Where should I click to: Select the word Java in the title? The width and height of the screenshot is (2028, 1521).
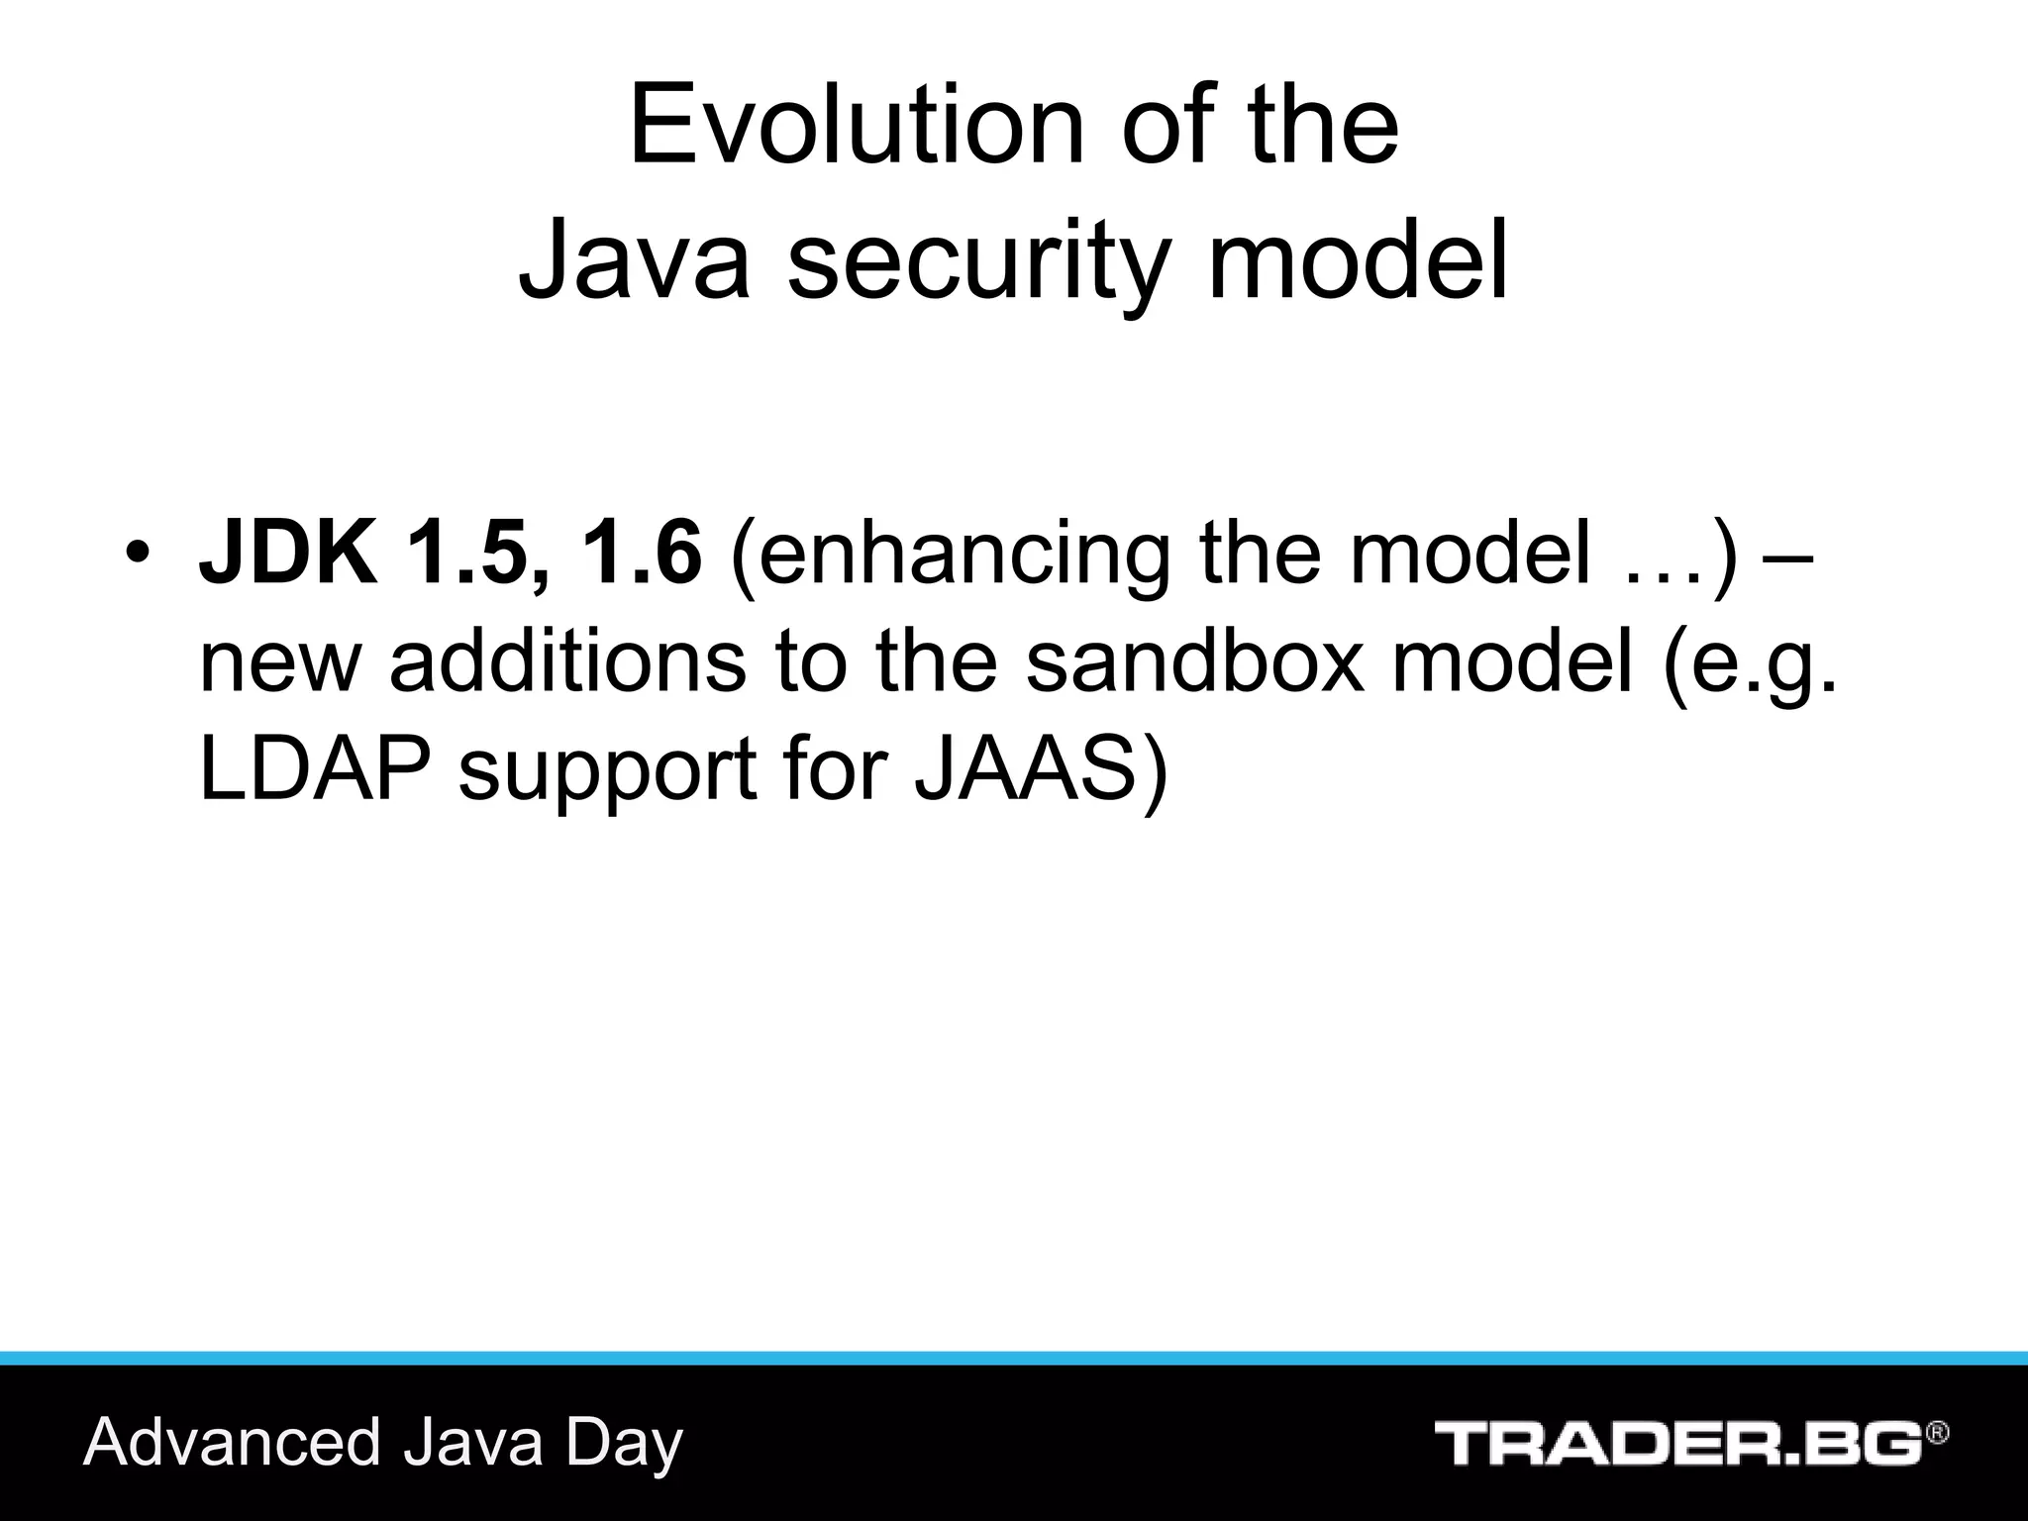tap(634, 260)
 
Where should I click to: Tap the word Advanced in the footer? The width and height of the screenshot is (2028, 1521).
tap(233, 1442)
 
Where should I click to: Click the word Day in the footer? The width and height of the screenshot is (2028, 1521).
tap(624, 1444)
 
